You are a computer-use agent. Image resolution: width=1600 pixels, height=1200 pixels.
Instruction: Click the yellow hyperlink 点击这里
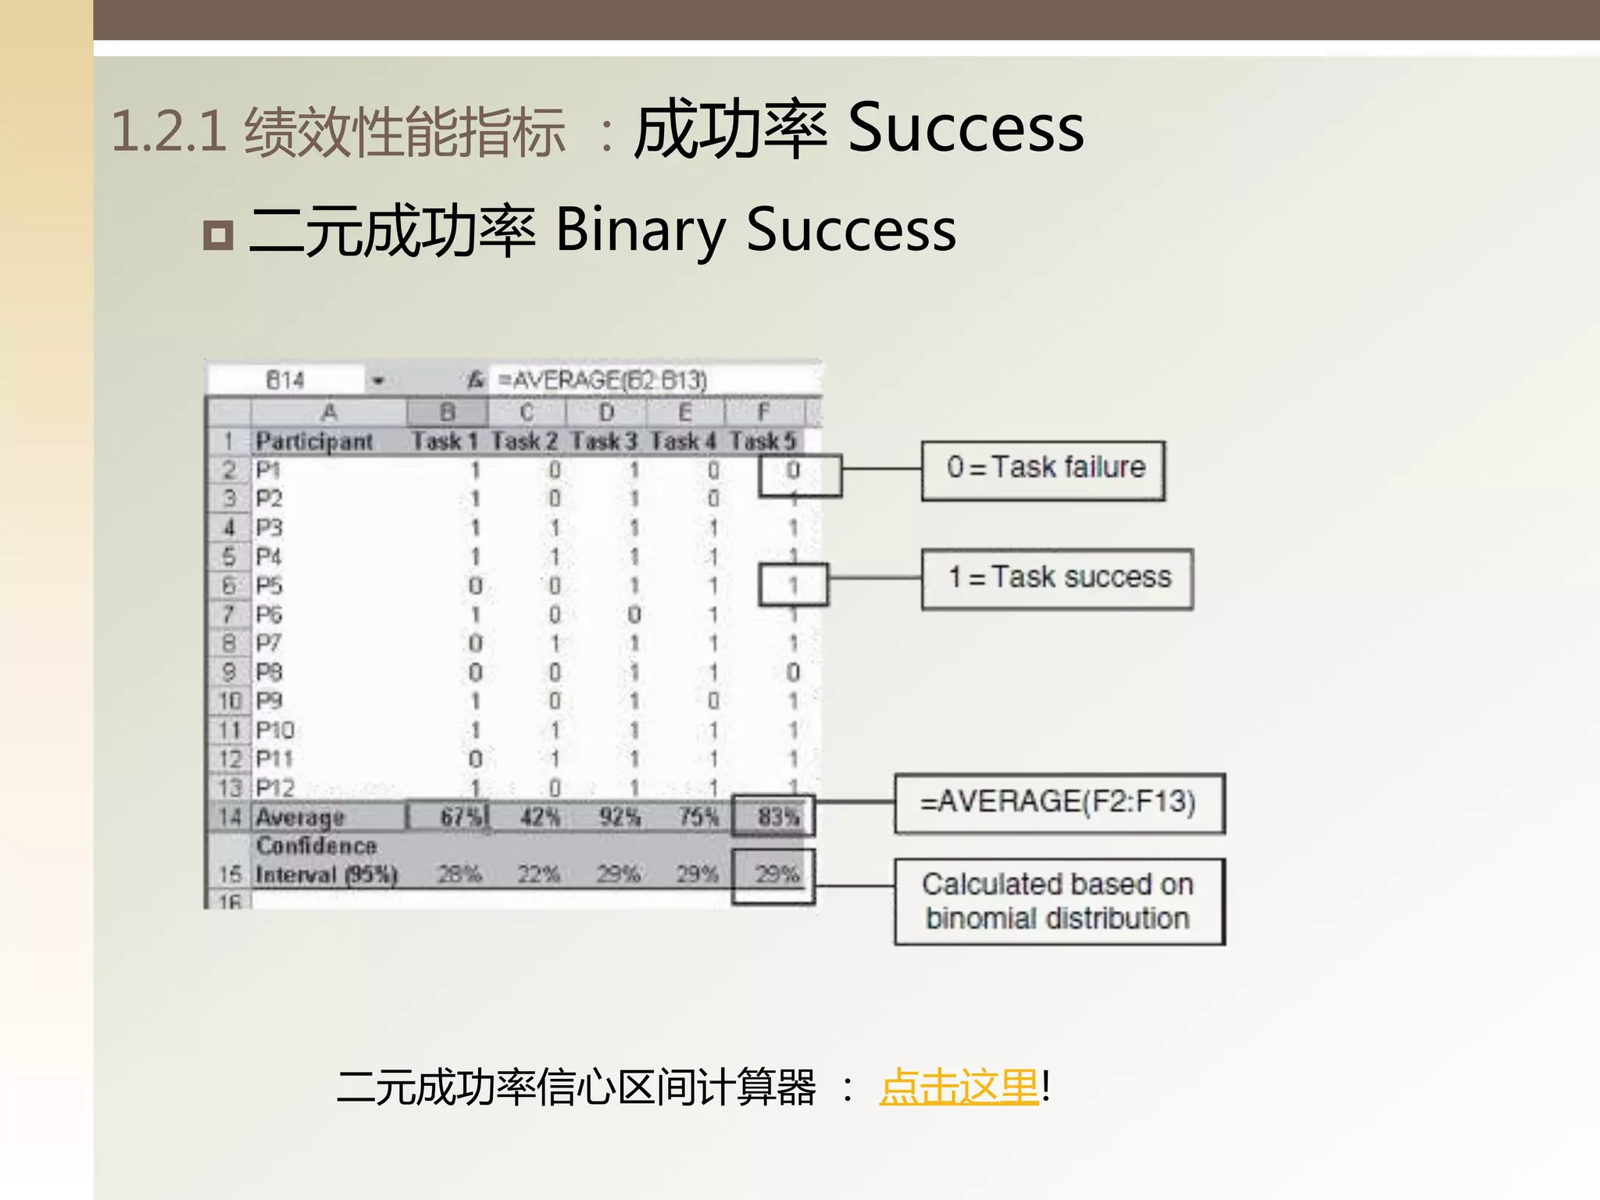[959, 1087]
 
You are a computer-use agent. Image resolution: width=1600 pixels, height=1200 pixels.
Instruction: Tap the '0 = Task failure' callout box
[1043, 470]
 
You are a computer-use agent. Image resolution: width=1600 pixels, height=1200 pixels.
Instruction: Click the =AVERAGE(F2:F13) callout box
[1059, 803]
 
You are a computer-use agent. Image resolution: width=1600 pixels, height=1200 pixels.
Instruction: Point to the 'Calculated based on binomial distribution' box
[1059, 902]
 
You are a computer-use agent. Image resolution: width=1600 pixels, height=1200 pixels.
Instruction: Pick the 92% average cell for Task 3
[620, 817]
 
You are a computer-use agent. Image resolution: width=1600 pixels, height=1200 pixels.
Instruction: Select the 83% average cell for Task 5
[777, 817]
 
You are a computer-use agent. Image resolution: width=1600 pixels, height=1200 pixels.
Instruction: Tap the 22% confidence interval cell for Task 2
[538, 873]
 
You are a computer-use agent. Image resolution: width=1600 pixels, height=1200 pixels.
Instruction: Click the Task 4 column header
[683, 441]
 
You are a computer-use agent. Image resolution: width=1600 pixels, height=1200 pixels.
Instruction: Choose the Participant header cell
[314, 441]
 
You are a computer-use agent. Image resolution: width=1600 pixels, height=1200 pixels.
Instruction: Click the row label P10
[275, 730]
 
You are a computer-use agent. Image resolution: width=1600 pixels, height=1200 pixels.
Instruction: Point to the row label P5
[270, 586]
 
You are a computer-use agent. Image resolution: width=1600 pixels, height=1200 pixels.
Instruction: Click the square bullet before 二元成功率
[218, 235]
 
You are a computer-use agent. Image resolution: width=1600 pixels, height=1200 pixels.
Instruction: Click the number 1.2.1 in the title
[169, 130]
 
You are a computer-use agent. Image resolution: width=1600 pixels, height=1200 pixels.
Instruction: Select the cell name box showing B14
[285, 380]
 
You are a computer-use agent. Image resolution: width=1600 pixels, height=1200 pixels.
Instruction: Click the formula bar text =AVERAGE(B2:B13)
[602, 380]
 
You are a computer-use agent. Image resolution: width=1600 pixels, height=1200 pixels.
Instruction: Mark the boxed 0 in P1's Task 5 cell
[793, 470]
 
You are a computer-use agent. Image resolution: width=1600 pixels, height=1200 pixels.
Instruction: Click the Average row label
[300, 817]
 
